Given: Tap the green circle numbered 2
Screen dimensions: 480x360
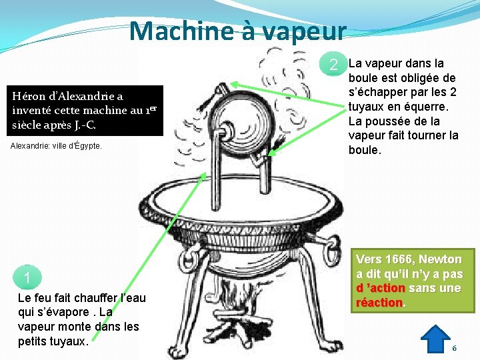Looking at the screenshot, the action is click(333, 64).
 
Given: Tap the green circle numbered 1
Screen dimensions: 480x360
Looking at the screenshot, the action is click(27, 277).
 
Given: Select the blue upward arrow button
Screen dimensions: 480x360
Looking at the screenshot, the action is click(435, 339).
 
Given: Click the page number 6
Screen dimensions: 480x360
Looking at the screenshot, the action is click(454, 348).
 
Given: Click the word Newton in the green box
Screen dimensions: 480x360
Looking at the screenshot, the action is click(440, 259).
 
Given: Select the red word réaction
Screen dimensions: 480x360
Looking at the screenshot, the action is click(379, 303).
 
